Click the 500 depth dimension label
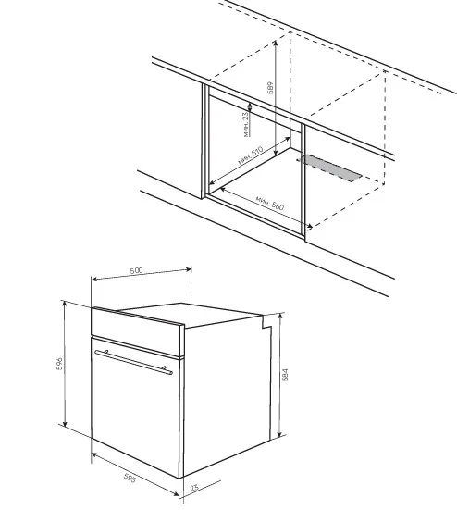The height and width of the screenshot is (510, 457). point(136,270)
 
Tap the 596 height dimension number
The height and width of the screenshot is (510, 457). point(59,364)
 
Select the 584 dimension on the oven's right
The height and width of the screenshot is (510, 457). point(285,375)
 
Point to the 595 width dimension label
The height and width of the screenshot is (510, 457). point(130,478)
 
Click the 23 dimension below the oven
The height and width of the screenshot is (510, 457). point(194,488)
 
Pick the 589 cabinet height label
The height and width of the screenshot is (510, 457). point(270,88)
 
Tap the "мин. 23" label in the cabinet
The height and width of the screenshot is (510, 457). point(247,124)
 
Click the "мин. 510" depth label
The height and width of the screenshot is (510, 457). point(251,155)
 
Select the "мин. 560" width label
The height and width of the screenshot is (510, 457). point(270,203)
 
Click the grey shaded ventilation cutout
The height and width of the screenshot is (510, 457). point(329,168)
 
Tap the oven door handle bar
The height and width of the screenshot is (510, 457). point(133,362)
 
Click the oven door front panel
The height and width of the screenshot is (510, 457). point(136,406)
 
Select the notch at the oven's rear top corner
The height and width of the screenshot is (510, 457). point(266,322)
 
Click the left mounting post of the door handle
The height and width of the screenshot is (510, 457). point(105,352)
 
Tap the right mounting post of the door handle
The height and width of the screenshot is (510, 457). point(164,368)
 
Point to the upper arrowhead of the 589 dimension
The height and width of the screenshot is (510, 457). point(276,43)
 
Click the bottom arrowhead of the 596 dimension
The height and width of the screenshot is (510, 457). point(65,423)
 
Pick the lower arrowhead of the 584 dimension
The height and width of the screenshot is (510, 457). point(279,434)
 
